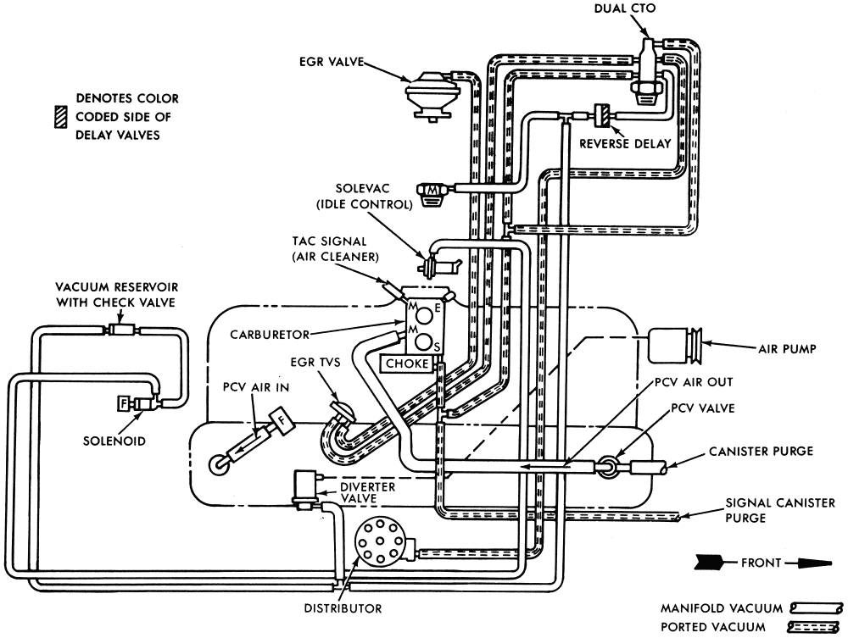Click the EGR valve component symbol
[428, 95]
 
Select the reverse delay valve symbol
[602, 115]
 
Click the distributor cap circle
[378, 543]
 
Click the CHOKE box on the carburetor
[407, 363]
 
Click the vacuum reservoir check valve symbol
[119, 329]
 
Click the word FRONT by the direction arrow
[761, 563]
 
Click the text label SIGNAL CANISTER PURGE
[779, 510]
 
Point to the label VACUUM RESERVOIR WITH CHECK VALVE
[117, 294]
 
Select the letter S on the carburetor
[437, 347]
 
